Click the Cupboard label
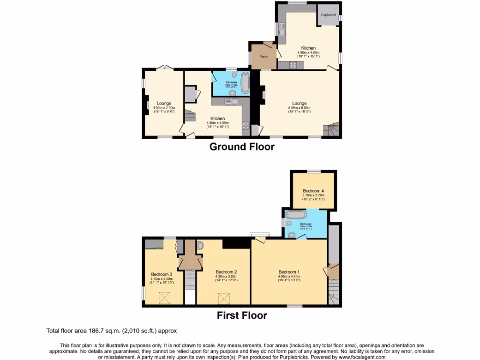(x=328, y=15)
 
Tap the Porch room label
(x=264, y=57)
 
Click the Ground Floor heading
(x=241, y=147)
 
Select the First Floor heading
(x=241, y=315)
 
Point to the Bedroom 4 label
(x=313, y=191)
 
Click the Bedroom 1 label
(x=289, y=272)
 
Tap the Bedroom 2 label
(x=226, y=272)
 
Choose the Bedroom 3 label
(x=162, y=274)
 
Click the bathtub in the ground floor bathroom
(x=245, y=82)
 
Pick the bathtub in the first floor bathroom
(x=296, y=215)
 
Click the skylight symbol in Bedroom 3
(x=165, y=297)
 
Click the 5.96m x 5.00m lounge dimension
(x=300, y=108)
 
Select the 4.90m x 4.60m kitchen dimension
(x=308, y=52)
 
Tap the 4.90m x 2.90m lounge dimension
(x=164, y=108)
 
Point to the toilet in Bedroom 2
(x=200, y=246)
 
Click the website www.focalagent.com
(x=359, y=357)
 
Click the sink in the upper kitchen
(x=283, y=31)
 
